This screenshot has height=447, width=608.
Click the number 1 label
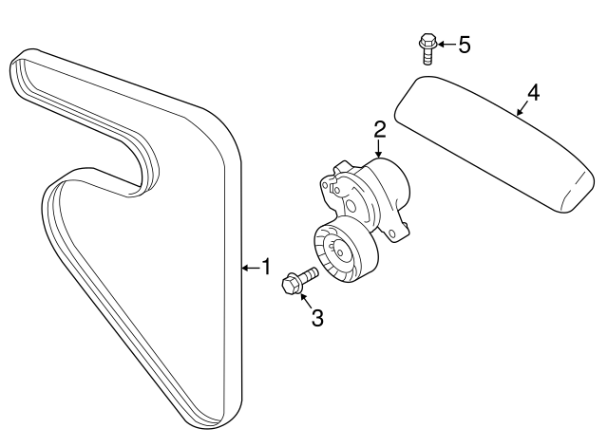tap(267, 268)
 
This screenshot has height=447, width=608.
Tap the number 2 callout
tap(379, 129)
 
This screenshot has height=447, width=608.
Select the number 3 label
tap(317, 318)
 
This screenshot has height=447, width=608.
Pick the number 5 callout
tap(465, 45)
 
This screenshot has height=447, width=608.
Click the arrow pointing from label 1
tap(250, 268)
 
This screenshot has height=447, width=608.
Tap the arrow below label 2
tap(379, 150)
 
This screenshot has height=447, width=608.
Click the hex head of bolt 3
tap(293, 284)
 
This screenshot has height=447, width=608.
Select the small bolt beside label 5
tap(427, 47)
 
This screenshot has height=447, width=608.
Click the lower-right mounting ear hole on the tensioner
tap(405, 229)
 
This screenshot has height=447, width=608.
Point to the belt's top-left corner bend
tap(25, 63)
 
